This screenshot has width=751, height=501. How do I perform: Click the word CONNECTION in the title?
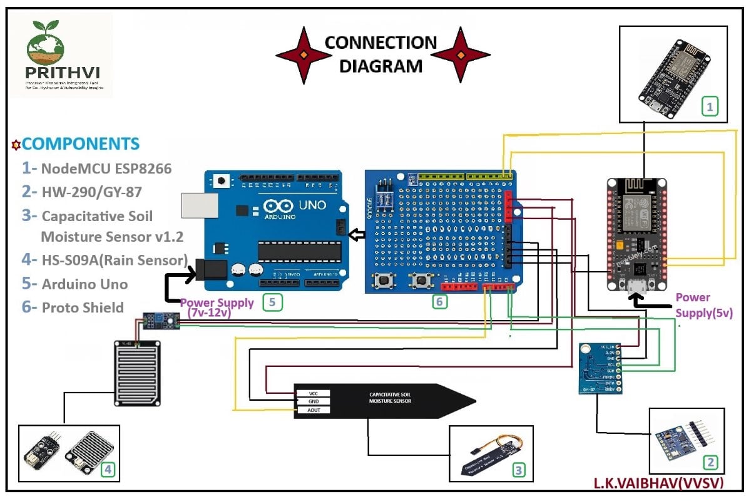(x=381, y=43)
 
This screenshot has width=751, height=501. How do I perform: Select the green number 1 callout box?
(x=709, y=107)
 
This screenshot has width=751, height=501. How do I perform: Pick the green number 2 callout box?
(x=710, y=463)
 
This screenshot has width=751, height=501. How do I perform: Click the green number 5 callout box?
(x=272, y=302)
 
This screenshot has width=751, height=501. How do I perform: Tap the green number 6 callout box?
(x=440, y=302)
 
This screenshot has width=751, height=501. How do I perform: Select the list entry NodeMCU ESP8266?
(x=97, y=168)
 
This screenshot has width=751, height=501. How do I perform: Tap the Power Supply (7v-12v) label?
(x=217, y=307)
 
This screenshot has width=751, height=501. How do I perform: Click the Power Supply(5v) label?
(x=703, y=305)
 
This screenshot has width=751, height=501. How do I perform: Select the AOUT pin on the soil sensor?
(x=313, y=410)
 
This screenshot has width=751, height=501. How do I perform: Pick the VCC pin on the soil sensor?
(x=313, y=393)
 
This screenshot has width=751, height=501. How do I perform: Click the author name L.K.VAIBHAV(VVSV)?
(x=658, y=483)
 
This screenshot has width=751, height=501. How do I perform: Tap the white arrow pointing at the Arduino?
(x=356, y=235)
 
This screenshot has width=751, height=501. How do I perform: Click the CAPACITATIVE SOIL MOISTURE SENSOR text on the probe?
(x=390, y=398)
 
